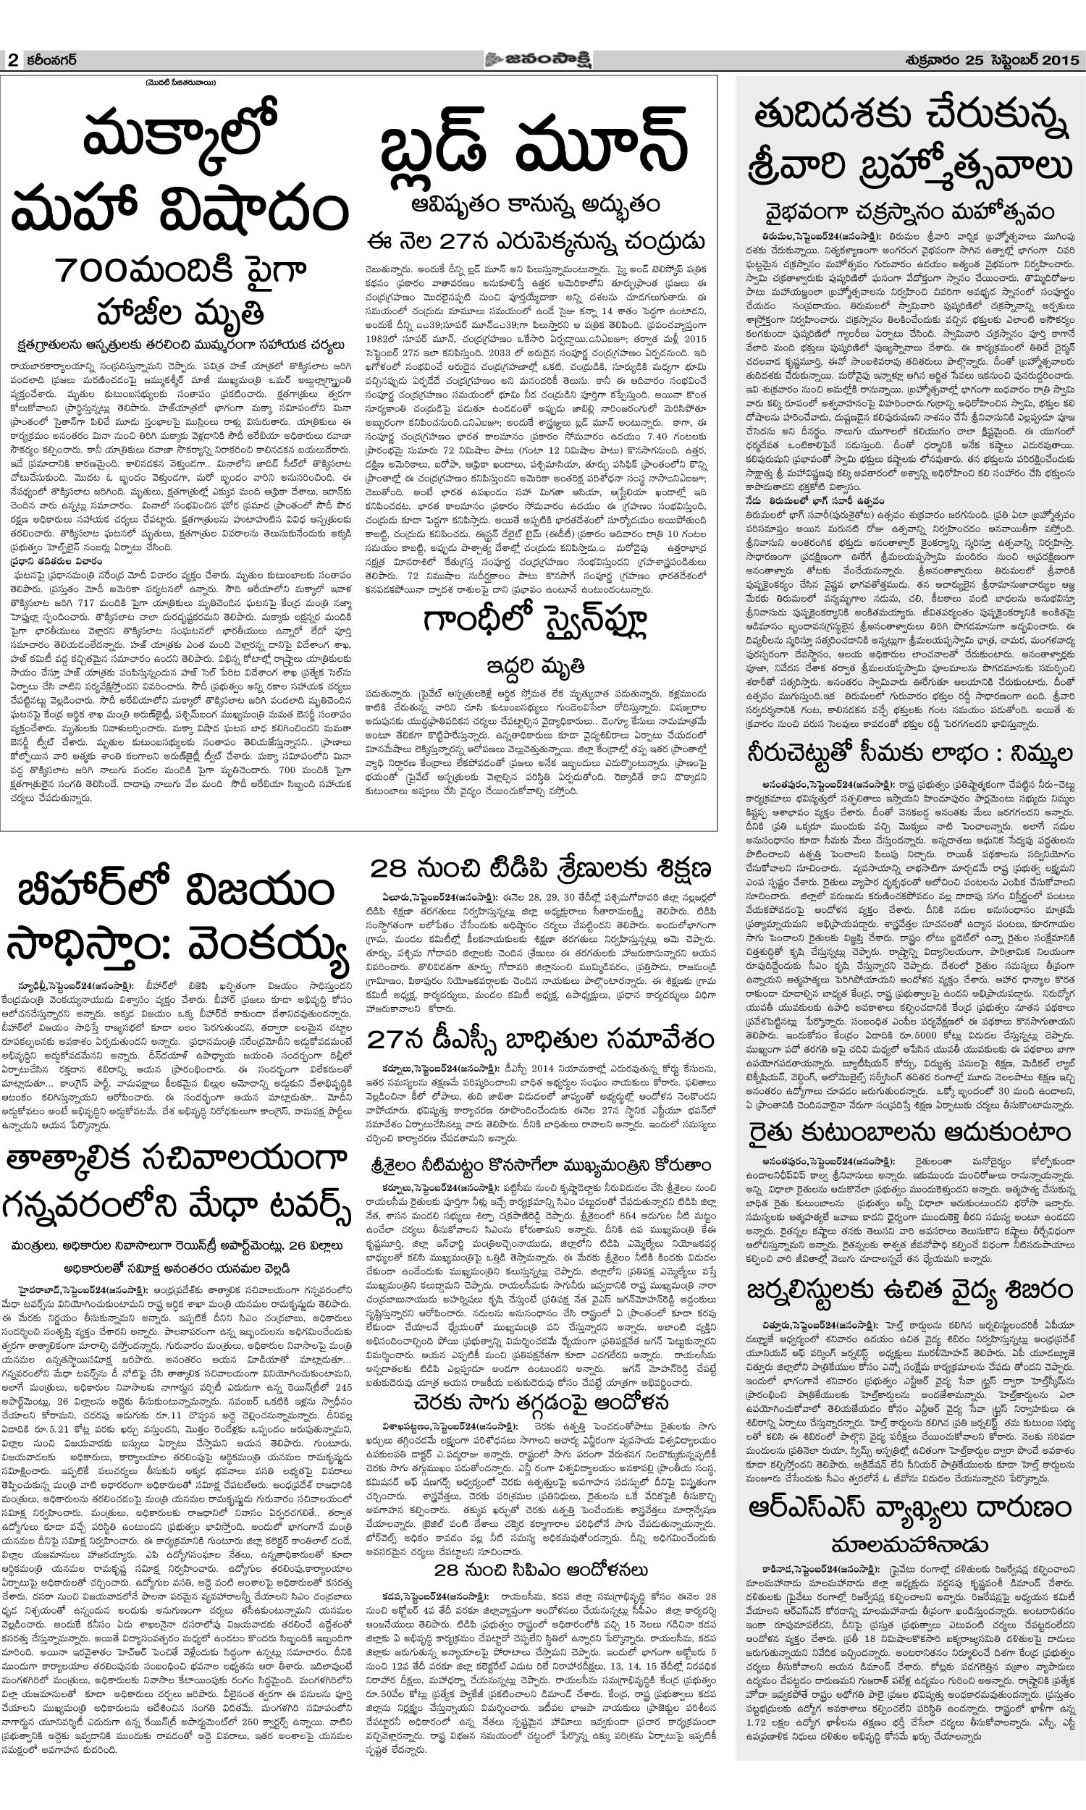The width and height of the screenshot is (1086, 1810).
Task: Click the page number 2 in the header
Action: point(12,61)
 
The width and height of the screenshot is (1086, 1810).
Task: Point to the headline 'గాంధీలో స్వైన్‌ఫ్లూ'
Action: point(536,623)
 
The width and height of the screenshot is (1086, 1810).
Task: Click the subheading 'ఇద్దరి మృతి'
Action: point(536,666)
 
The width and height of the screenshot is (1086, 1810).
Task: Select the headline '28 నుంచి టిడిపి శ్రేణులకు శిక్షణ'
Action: point(540,869)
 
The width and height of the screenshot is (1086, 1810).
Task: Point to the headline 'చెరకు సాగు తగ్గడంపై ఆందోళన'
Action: point(540,1402)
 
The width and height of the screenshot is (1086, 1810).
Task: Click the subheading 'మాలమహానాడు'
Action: point(909,1523)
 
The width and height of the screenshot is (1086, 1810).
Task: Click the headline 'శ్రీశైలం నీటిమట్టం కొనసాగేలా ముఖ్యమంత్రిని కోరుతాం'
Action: point(540,1163)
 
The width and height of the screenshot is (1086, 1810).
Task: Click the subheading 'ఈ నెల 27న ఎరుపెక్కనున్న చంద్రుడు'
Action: point(536,240)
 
